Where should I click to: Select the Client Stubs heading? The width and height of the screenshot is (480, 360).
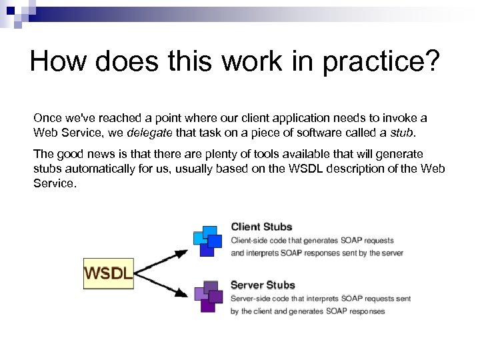click(x=261, y=227)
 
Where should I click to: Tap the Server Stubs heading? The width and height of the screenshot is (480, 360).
click(x=263, y=285)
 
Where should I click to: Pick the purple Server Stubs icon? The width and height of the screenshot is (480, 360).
click(x=207, y=297)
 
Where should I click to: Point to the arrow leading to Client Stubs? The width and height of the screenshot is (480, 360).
click(x=163, y=259)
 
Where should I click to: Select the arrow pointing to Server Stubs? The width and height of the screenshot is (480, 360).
click(x=163, y=283)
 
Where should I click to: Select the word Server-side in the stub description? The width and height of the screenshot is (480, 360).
click(x=253, y=299)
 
